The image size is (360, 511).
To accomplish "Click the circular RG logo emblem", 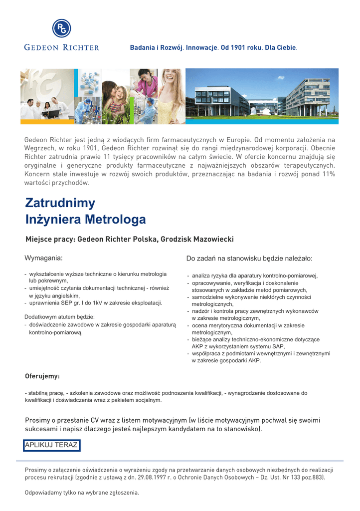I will click(x=62, y=28).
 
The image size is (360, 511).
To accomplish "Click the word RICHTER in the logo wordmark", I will click(x=81, y=48).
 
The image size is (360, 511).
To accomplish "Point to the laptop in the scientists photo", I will click(x=51, y=113).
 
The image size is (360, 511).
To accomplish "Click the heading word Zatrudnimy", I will click(x=60, y=203).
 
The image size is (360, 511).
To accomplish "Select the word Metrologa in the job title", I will click(x=115, y=220).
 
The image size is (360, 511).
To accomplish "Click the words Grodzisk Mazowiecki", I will click(x=196, y=240).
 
